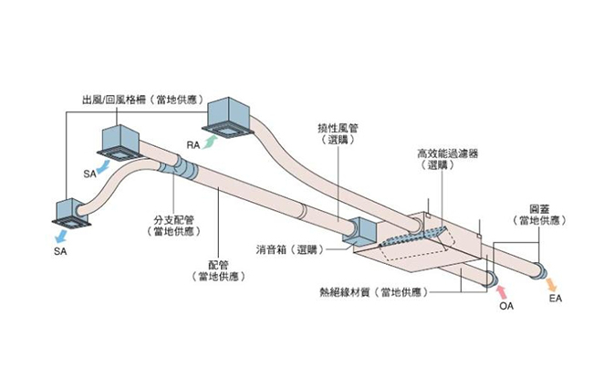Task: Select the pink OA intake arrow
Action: pos(503,290)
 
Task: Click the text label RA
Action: pos(193,145)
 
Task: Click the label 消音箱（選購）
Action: pos(289,248)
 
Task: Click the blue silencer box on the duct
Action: pos(358,233)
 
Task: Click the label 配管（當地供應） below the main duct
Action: pos(216,268)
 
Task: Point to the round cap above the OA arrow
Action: pos(491,276)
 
